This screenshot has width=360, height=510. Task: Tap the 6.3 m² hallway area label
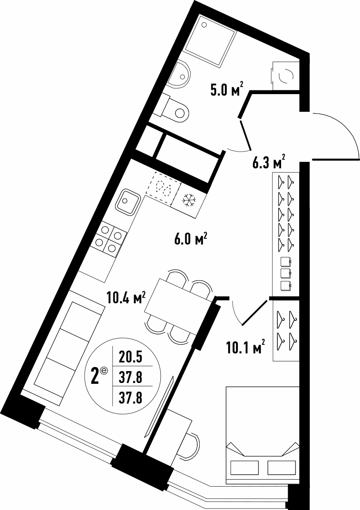click(x=269, y=162)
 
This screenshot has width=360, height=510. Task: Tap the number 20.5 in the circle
click(x=130, y=358)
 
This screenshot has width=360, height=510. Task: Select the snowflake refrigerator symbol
click(x=189, y=201)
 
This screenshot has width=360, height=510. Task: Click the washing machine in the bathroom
click(x=286, y=76)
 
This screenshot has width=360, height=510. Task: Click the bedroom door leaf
click(x=254, y=313)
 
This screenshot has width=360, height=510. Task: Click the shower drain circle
click(x=204, y=24)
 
